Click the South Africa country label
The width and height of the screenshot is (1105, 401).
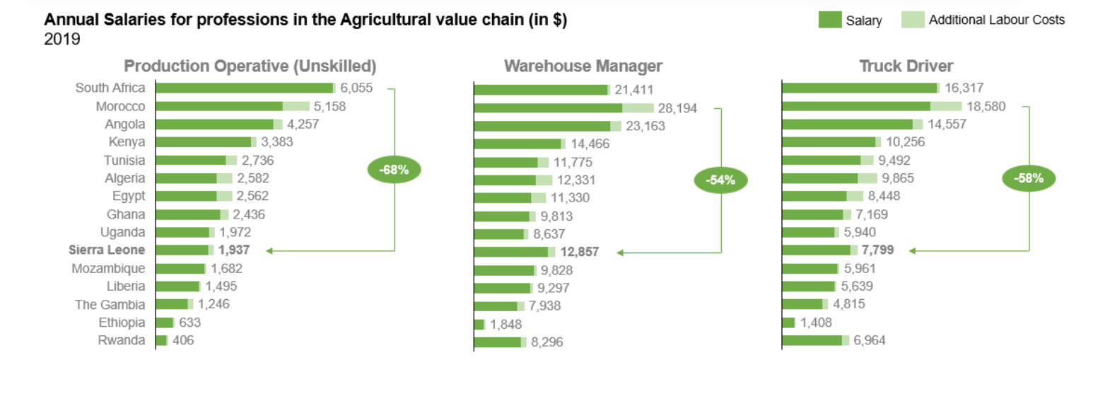110,88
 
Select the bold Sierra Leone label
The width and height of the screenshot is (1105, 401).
107,250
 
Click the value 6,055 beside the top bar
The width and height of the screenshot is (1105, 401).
356,88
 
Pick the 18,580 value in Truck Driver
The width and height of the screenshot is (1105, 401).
986,106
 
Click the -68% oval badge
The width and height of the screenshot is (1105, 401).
394,170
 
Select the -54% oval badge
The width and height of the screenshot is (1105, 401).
720,180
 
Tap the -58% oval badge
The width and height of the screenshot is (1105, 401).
1028,178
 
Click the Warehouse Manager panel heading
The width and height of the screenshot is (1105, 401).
583,66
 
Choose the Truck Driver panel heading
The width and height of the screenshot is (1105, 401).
906,66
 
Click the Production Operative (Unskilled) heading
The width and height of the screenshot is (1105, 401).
250,66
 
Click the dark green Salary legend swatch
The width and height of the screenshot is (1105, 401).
829,20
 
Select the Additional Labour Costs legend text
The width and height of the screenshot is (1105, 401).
996,20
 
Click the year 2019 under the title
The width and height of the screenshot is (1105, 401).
62,40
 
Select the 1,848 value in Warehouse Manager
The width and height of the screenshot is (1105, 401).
508,325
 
